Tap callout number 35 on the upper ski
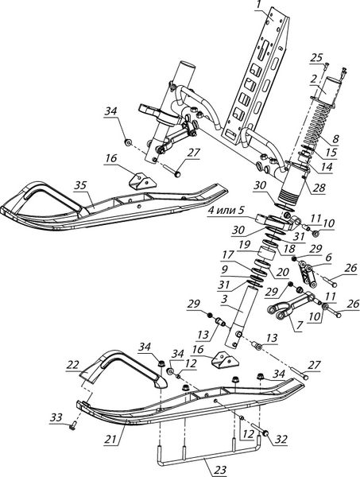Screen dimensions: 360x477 [x=80, y=185]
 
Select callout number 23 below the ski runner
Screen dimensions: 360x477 [x=220, y=470]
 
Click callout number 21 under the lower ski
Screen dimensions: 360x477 [x=111, y=438]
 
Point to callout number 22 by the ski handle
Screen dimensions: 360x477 [x=73, y=364]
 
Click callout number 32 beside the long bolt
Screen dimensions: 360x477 [x=281, y=439]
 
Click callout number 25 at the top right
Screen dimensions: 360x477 [x=316, y=57]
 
